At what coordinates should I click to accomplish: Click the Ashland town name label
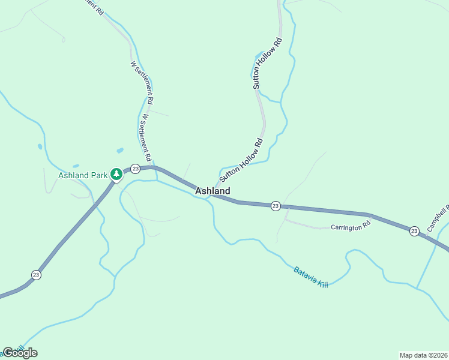point(212,191)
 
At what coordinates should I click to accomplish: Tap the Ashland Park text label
point(82,176)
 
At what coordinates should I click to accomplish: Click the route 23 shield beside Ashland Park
point(136,169)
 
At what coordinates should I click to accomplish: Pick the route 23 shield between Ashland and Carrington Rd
point(276,206)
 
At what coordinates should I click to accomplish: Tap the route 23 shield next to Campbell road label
point(414,231)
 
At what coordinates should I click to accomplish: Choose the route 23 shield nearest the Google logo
point(36,275)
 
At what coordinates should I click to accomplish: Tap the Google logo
point(20,353)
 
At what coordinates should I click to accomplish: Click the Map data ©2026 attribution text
point(423,355)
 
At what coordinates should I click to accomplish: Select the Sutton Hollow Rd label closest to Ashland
point(241,160)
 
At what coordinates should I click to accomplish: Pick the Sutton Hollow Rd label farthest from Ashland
point(267,64)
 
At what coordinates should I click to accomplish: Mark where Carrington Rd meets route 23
point(288,208)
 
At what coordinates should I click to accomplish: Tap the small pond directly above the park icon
point(119,150)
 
